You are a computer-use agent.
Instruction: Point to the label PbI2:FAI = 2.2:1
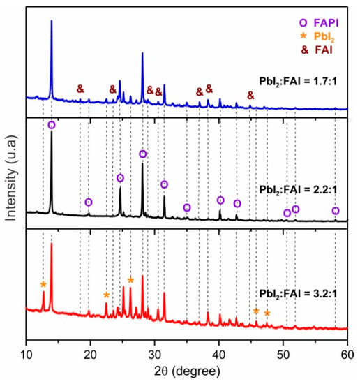coord(301,189)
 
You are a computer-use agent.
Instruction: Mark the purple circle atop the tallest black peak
coord(52,125)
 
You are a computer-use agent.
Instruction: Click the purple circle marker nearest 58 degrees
coord(336,211)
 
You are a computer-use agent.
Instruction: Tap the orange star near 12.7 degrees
coord(43,284)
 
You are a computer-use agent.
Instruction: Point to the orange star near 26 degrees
coord(130,280)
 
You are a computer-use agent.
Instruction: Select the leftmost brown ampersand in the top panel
coord(80,89)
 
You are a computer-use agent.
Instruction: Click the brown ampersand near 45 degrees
coord(250,96)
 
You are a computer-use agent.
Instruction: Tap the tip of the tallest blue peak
coord(52,21)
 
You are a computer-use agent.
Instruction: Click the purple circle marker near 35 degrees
coord(187,207)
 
